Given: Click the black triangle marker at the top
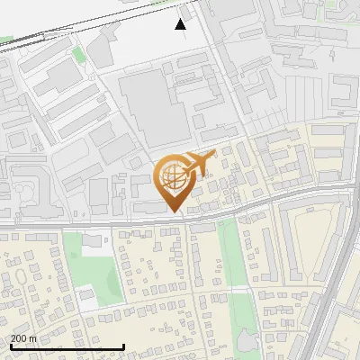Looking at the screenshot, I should (181, 23).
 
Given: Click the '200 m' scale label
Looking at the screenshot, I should (24, 338).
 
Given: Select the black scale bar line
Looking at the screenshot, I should (67, 346).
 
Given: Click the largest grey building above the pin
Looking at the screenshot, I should (153, 108).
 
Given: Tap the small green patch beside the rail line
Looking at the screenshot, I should (78, 55).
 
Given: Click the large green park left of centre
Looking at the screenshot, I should (90, 265).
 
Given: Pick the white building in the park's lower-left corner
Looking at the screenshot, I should (86, 294).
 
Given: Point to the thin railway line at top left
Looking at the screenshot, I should (36, 40).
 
